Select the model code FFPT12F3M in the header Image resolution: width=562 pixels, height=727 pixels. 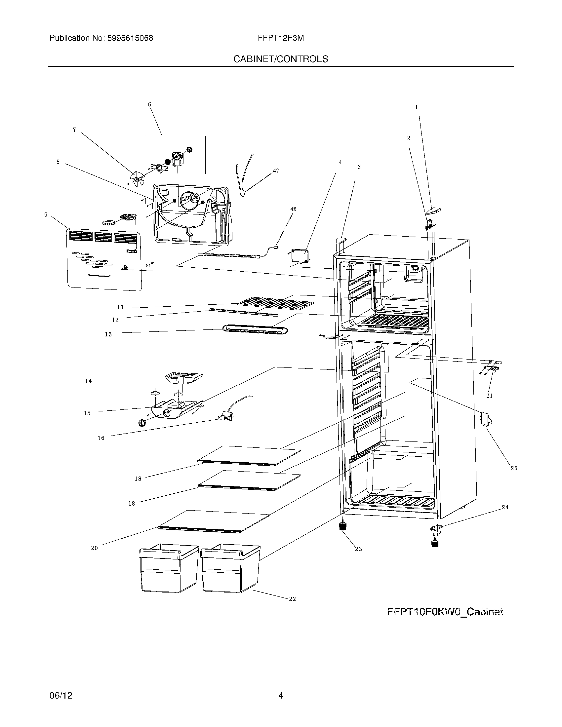click(x=281, y=38)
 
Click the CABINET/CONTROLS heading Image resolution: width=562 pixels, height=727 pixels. click(x=281, y=59)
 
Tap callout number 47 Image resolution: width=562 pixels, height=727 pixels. click(x=276, y=171)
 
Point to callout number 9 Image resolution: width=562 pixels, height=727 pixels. click(x=46, y=215)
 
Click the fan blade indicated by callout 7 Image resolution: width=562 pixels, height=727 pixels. click(x=137, y=179)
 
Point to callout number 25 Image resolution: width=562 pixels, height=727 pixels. click(x=514, y=468)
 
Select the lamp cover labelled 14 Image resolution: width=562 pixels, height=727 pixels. click(x=184, y=377)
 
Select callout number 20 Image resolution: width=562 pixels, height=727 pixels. click(x=95, y=548)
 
